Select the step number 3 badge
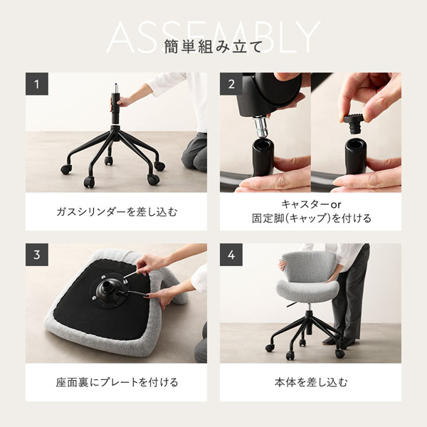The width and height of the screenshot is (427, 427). click(x=37, y=254)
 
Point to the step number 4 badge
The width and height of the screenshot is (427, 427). click(x=231, y=254)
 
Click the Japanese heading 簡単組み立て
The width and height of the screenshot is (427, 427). click(x=213, y=48)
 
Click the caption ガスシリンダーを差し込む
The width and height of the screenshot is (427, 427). click(x=116, y=211)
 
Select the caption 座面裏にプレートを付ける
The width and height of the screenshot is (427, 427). click(x=116, y=382)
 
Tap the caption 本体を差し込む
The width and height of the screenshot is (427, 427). click(x=311, y=382)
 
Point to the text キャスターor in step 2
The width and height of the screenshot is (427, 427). click(x=311, y=204)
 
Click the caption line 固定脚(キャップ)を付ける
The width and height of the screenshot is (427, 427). click(x=311, y=218)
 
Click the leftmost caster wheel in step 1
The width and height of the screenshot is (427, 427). click(x=65, y=169)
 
